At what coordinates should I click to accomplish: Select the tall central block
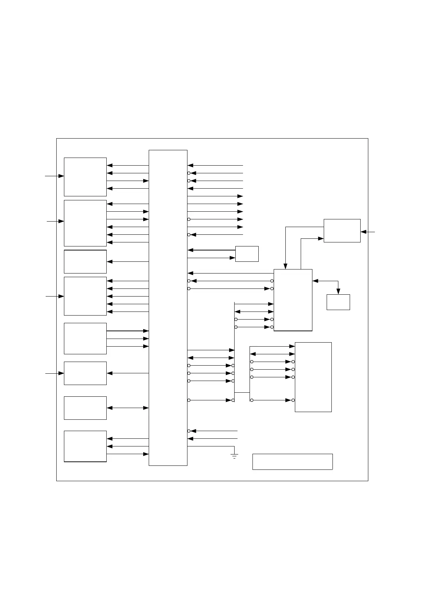click(x=168, y=307)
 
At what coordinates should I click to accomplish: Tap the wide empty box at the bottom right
click(x=292, y=461)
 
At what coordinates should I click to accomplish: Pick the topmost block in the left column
click(x=85, y=177)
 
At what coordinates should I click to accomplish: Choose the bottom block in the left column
click(x=85, y=446)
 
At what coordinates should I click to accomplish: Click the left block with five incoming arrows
click(x=85, y=296)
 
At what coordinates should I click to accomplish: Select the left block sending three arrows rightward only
click(x=85, y=338)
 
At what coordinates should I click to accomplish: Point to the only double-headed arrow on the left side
click(x=128, y=408)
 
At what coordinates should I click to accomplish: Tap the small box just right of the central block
click(x=247, y=254)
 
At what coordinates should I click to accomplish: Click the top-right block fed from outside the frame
click(x=342, y=230)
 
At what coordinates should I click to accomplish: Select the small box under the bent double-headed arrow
click(x=338, y=302)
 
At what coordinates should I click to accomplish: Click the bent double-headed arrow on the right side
click(x=329, y=281)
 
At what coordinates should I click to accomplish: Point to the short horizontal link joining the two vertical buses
click(x=242, y=392)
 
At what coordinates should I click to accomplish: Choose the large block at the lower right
click(x=313, y=377)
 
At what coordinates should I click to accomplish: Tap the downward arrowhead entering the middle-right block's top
click(x=286, y=266)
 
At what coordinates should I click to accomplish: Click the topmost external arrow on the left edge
click(x=54, y=176)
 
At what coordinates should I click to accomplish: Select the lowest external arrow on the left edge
click(x=54, y=373)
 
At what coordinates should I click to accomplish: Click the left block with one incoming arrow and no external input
click(x=85, y=261)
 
